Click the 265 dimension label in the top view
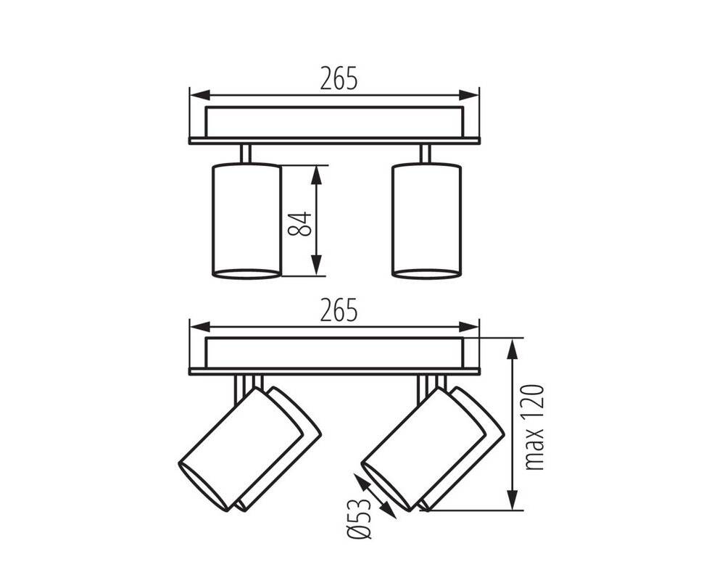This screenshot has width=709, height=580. (x=339, y=78)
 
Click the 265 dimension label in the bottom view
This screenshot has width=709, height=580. (x=339, y=310)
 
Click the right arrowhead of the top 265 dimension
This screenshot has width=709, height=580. (x=468, y=96)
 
